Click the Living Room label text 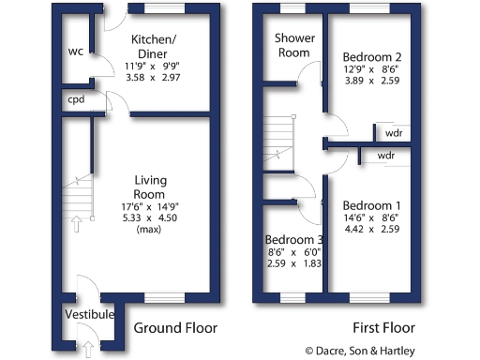[150, 187]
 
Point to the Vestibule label [90, 314]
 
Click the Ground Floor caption [175, 328]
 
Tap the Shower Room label [292, 45]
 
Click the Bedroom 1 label [371, 206]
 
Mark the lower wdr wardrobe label [384, 155]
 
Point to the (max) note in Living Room [150, 229]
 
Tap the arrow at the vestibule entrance [89, 348]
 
